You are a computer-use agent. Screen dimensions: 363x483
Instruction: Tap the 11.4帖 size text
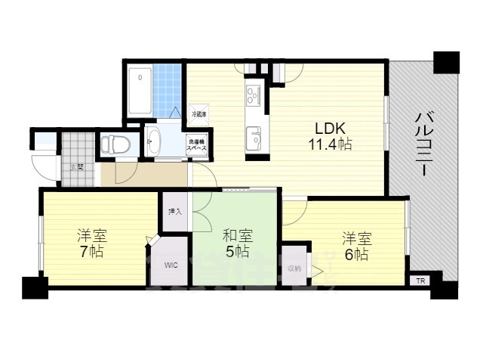pyautogui.click(x=328, y=143)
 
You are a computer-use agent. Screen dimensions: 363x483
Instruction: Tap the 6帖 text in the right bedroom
pyautogui.click(x=355, y=254)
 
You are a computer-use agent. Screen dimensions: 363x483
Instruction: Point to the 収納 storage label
pyautogui.click(x=294, y=268)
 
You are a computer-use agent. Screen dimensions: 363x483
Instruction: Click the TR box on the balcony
pyautogui.click(x=420, y=281)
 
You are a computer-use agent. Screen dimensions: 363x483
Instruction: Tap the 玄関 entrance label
pyautogui.click(x=77, y=167)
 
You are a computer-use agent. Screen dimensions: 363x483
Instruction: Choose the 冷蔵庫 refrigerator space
pyautogui.click(x=198, y=114)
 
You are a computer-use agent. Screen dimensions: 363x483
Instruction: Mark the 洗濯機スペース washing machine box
pyautogui.click(x=199, y=143)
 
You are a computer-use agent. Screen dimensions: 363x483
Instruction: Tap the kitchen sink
pyautogui.click(x=254, y=138)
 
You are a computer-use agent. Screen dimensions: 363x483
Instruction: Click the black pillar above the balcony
pyautogui.click(x=446, y=62)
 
